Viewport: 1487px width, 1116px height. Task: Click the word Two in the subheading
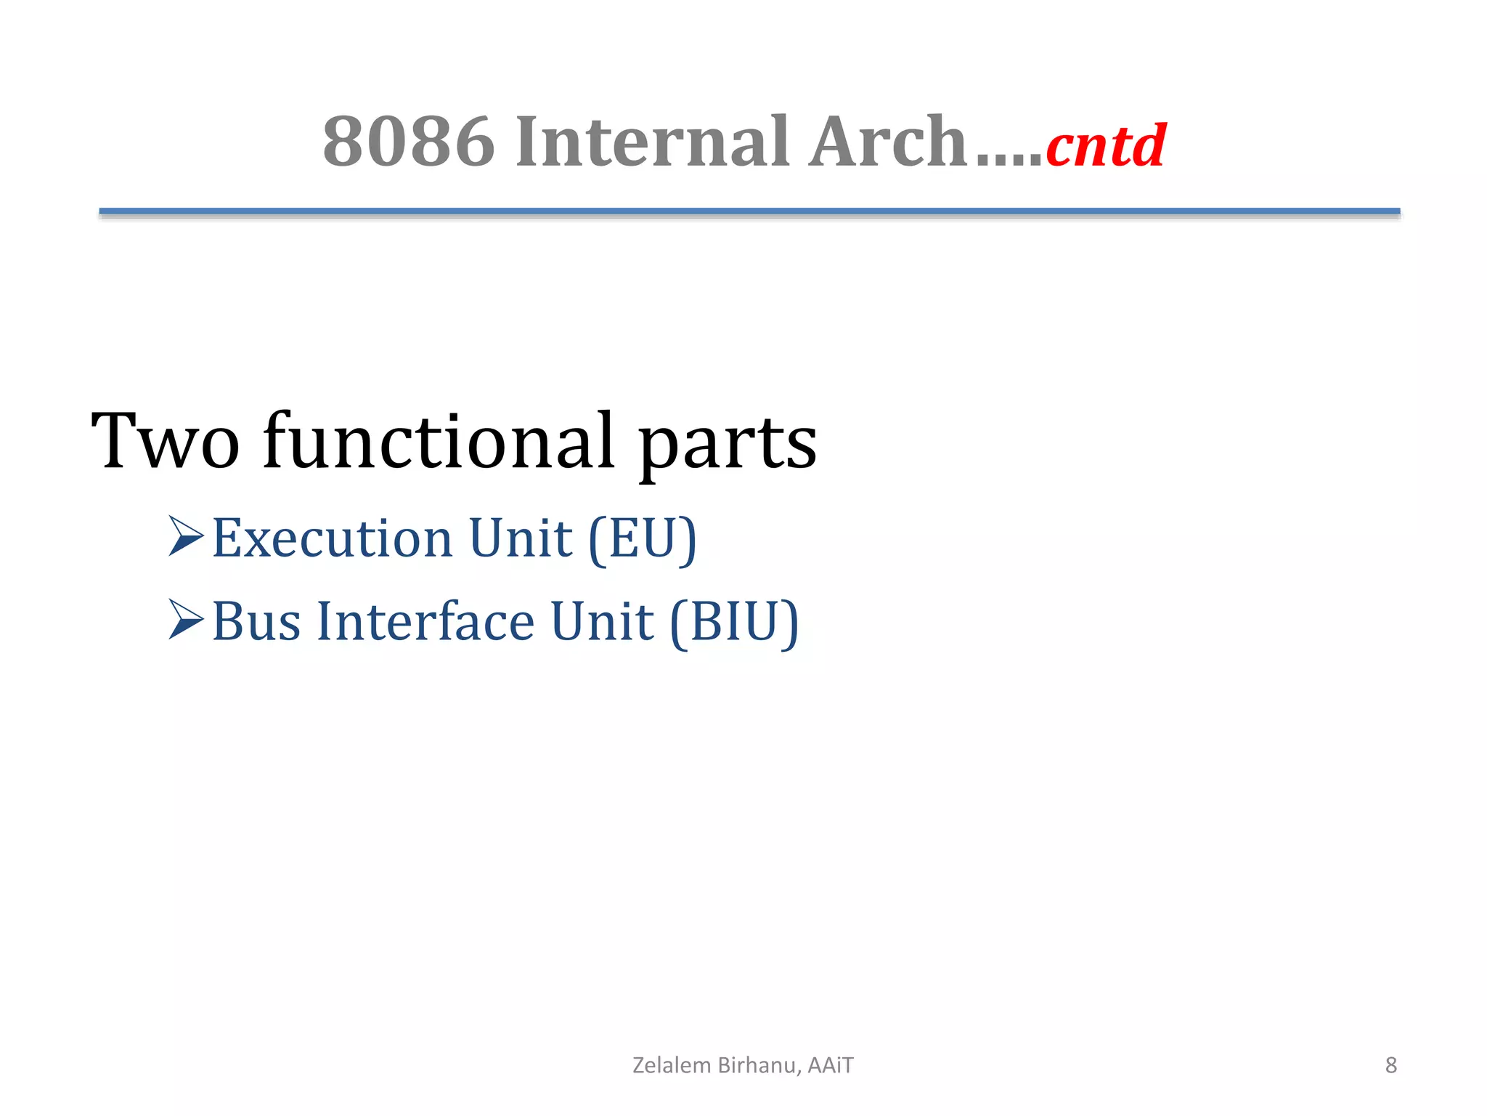(x=166, y=441)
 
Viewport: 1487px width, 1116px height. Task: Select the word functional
(x=439, y=441)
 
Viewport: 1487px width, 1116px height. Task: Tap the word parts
(x=728, y=445)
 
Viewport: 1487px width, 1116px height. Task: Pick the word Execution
(x=333, y=539)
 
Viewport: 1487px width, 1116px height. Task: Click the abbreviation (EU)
(x=643, y=539)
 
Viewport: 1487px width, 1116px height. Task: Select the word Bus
(x=256, y=623)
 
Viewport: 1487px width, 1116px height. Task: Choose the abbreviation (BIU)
(x=734, y=623)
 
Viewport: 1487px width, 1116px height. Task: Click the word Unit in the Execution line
(x=521, y=539)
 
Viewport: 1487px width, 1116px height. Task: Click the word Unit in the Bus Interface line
(x=602, y=623)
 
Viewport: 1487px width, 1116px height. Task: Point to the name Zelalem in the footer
(x=672, y=1065)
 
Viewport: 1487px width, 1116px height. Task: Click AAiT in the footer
(x=831, y=1065)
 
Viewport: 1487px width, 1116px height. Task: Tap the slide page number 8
(x=1390, y=1065)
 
